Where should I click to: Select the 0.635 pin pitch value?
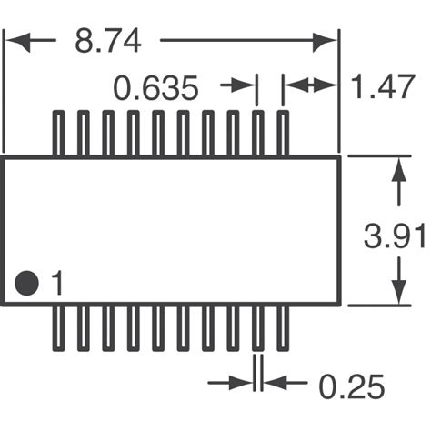point(155,88)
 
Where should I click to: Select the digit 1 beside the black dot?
point(56,285)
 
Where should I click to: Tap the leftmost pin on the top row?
point(58,134)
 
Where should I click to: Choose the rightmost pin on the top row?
point(282,134)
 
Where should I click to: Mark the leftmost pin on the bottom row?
point(58,326)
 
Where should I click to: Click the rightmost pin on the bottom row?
point(282,326)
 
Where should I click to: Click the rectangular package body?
point(172,227)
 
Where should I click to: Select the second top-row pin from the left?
point(83,134)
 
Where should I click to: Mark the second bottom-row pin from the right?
point(257,326)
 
